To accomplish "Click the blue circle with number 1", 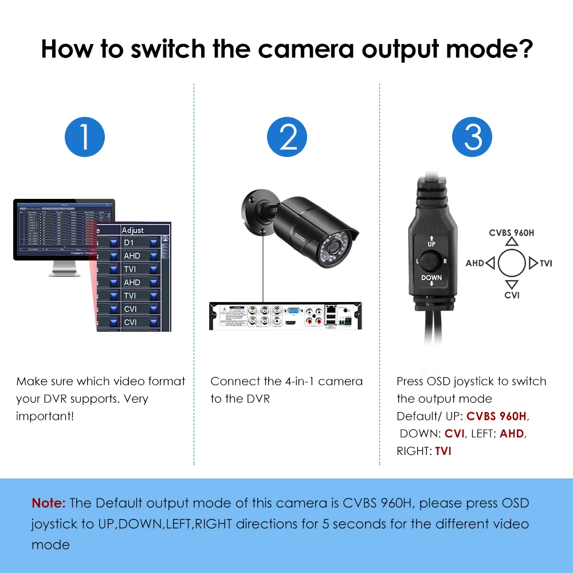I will pyautogui.click(x=85, y=138).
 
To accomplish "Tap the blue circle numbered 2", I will pyautogui.click(x=286, y=138).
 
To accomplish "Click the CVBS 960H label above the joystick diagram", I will pyautogui.click(x=511, y=233).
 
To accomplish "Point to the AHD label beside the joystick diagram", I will pyautogui.click(x=474, y=264).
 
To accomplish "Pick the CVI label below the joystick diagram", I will pyautogui.click(x=512, y=296).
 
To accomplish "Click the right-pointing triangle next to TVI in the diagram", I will pyautogui.click(x=533, y=264).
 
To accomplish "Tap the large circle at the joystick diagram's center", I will pyautogui.click(x=512, y=264).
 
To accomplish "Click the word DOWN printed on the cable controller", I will pyautogui.click(x=431, y=278).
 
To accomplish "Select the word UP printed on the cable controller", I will pyautogui.click(x=431, y=244).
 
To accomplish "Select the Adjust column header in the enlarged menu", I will pyautogui.click(x=133, y=230).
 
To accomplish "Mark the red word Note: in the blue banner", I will pyautogui.click(x=49, y=503).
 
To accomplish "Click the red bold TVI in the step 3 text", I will pyautogui.click(x=443, y=451).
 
